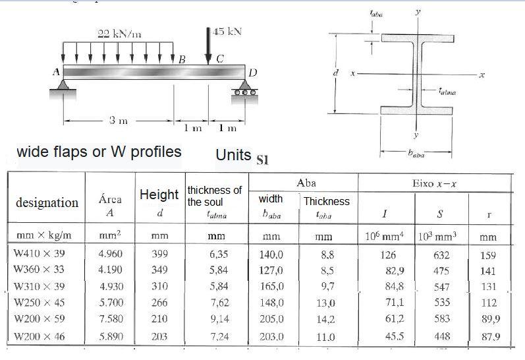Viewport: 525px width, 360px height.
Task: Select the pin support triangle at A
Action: [64, 84]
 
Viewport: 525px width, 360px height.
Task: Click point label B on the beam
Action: [182, 60]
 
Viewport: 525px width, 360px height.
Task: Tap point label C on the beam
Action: [219, 60]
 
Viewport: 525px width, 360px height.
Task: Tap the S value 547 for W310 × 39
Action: [441, 287]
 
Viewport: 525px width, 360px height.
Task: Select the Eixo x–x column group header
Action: [433, 181]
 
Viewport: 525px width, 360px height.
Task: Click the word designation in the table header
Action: [47, 202]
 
